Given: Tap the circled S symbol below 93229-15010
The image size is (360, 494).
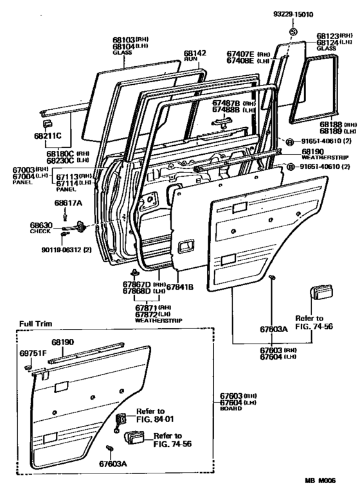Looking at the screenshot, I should [292, 32].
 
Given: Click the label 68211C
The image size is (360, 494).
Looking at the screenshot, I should [48, 136].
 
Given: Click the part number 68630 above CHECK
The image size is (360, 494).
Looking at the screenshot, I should [40, 225].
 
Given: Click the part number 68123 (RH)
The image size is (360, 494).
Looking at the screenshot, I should [326, 37].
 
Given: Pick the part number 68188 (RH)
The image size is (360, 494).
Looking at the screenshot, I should [321, 125].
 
